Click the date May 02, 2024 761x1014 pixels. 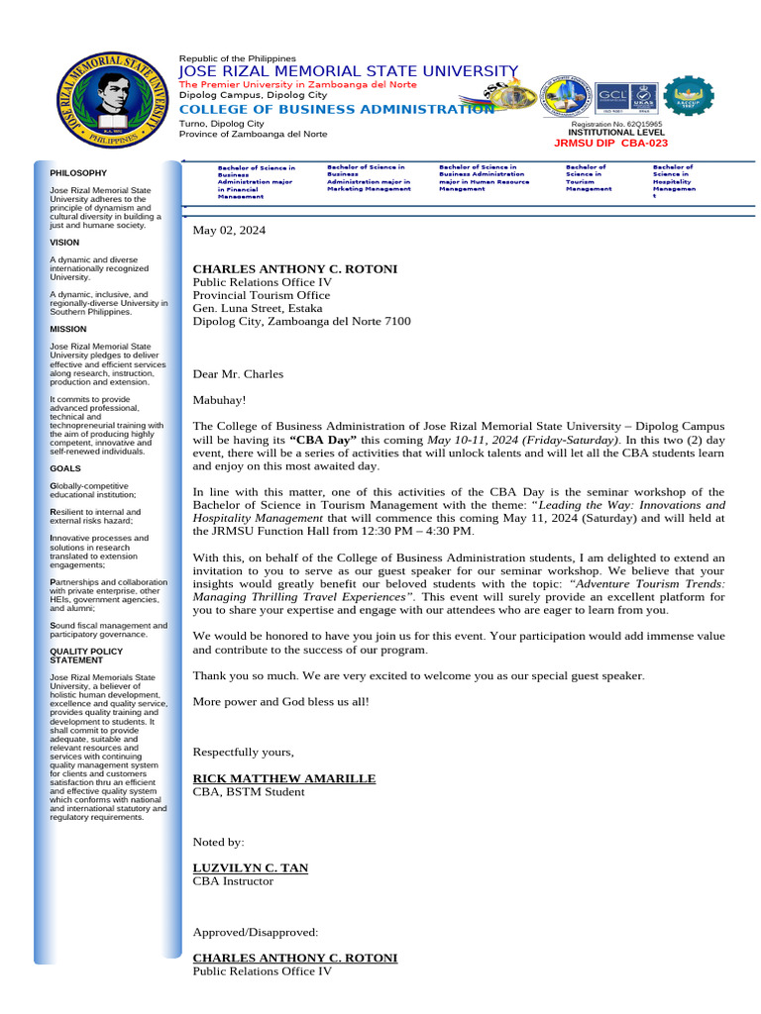coord(229,230)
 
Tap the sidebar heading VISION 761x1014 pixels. coord(64,242)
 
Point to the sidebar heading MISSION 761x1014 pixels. coord(68,329)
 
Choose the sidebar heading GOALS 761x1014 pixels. coord(65,468)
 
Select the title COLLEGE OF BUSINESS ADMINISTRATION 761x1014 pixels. coord(335,109)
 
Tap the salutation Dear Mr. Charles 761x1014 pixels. coord(238,374)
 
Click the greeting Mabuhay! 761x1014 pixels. coord(219,400)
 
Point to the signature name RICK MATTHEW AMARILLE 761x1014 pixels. coord(283,778)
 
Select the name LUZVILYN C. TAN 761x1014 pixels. coord(250,867)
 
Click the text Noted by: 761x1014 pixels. coord(218,842)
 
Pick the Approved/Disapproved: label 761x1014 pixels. coord(255,932)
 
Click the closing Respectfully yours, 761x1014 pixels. coord(243,753)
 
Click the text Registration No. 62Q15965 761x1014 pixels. coord(617,124)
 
